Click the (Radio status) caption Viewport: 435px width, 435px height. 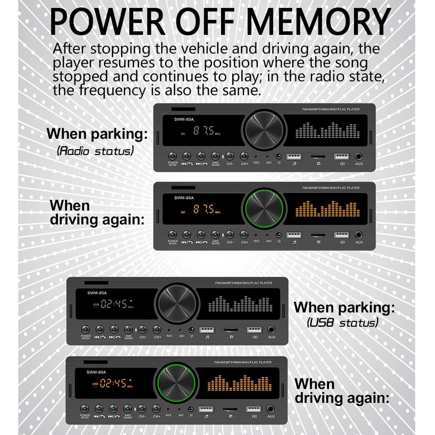pos(95,151)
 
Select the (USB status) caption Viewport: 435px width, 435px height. pos(342,323)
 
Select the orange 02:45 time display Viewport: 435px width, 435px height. pos(113,383)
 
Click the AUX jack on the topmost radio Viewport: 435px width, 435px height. pos(359,157)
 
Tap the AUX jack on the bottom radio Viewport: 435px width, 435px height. pos(271,410)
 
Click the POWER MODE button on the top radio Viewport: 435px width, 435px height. pos(173,156)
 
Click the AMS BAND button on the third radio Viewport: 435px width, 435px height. pos(129,329)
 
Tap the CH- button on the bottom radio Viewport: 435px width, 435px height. pos(142,409)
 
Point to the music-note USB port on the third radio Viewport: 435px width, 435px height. pos(207,330)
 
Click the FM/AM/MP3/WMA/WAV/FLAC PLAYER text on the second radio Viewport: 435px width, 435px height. pos(331,188)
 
